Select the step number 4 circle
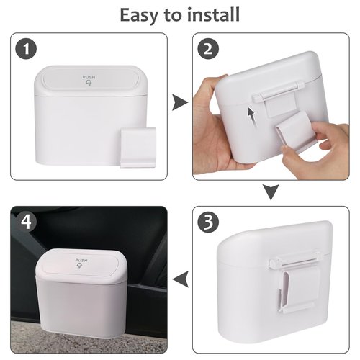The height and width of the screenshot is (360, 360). pos(26,222)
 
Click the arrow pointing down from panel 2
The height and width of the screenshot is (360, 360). pos(271,192)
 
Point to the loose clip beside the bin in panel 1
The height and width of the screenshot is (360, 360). pos(139,147)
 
